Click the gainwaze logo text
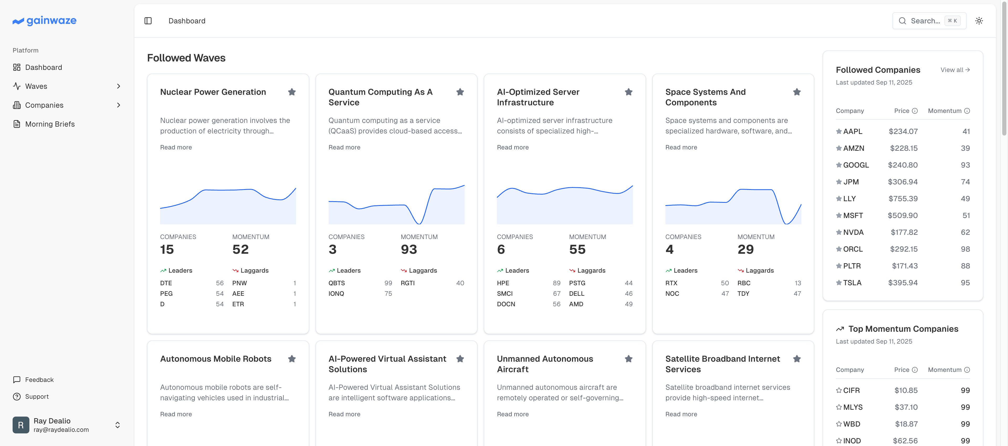[x=51, y=20]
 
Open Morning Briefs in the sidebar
[x=50, y=124]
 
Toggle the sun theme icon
[x=979, y=21]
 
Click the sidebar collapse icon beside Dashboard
[x=148, y=21]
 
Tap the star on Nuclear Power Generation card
[x=292, y=92]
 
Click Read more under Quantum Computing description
[x=344, y=147]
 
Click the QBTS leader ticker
[x=337, y=283]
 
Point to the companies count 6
[x=501, y=250]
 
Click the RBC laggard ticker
[x=744, y=283]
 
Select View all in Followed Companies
[x=955, y=70]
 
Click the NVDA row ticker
[x=853, y=232]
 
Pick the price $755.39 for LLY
[x=903, y=199]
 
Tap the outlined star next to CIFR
[x=839, y=390]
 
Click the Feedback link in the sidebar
[x=39, y=380]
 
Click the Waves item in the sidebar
[x=36, y=86]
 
